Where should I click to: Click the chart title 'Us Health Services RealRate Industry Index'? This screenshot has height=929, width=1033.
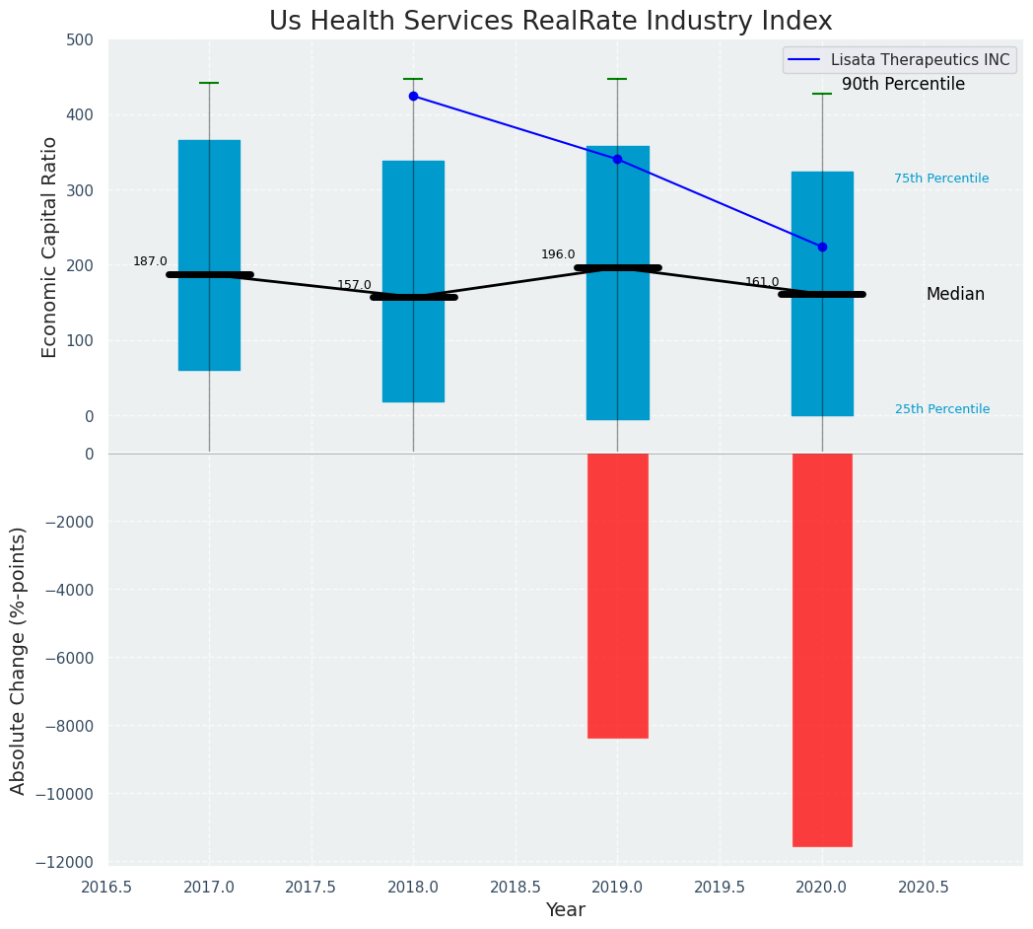[x=550, y=22]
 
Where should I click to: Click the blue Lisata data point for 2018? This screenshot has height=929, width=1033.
[x=413, y=96]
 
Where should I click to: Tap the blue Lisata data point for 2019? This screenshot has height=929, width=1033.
[x=617, y=159]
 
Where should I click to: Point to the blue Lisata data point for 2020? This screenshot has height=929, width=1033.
[x=822, y=247]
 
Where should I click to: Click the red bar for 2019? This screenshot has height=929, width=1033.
[x=617, y=596]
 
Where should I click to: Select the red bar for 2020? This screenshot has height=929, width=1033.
[x=822, y=650]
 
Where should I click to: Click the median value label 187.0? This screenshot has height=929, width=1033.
[x=150, y=261]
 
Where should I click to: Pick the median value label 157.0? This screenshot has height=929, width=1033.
[x=354, y=285]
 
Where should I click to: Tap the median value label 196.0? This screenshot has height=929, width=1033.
[x=558, y=254]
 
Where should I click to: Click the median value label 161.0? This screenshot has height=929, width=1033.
[x=762, y=282]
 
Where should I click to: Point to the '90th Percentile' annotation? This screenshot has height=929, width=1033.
[x=903, y=85]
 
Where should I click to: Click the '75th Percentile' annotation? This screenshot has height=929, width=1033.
[x=941, y=179]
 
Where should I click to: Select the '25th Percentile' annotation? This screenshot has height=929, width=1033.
[x=942, y=409]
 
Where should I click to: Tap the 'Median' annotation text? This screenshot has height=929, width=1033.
[x=955, y=295]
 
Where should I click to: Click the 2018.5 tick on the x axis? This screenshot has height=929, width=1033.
[x=516, y=887]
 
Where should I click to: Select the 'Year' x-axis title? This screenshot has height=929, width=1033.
[x=565, y=910]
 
